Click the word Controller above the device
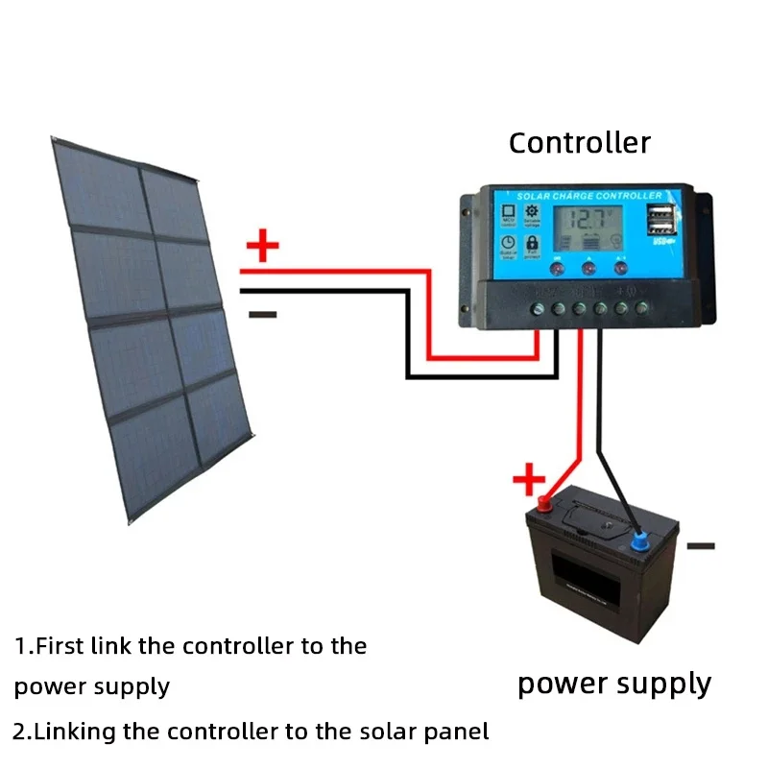pyautogui.click(x=579, y=143)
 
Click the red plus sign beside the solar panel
pyautogui.click(x=262, y=247)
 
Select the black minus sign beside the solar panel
pyautogui.click(x=262, y=314)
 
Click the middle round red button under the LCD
pyautogui.click(x=588, y=269)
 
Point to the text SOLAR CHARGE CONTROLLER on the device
pyautogui.click(x=588, y=196)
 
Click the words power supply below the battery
pyautogui.click(x=614, y=684)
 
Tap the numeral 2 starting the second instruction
pyautogui.click(x=21, y=732)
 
